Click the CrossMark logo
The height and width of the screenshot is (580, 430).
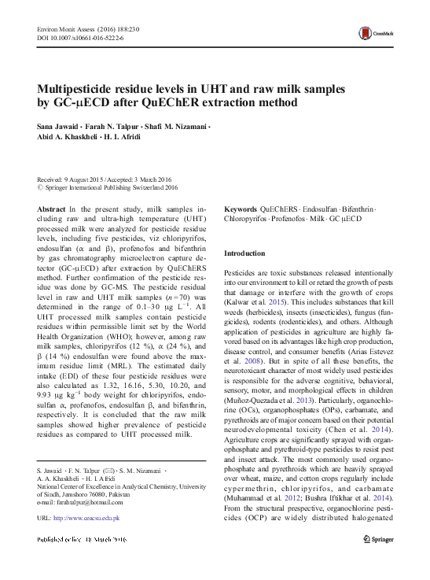click(x=373, y=35)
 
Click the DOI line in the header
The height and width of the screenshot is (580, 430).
click(x=72, y=37)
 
